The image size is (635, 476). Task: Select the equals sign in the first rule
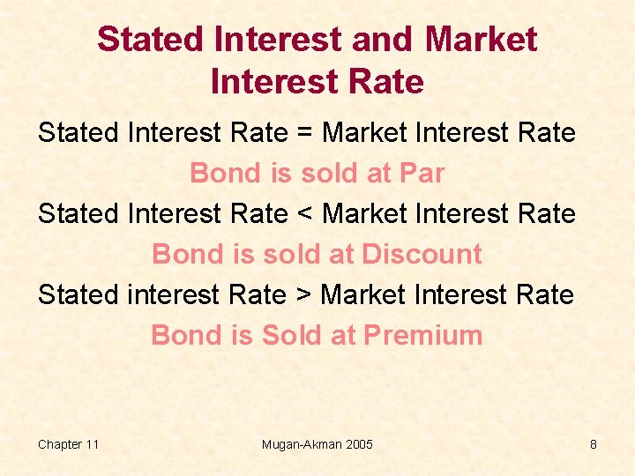(304, 134)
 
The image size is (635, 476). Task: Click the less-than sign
(304, 214)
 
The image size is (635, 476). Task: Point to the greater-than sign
(303, 295)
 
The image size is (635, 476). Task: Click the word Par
(422, 174)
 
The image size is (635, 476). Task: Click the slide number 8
(594, 444)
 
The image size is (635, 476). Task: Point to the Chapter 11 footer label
(68, 444)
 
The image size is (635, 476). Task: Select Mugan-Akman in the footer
(300, 444)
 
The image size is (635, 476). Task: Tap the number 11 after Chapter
(91, 444)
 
